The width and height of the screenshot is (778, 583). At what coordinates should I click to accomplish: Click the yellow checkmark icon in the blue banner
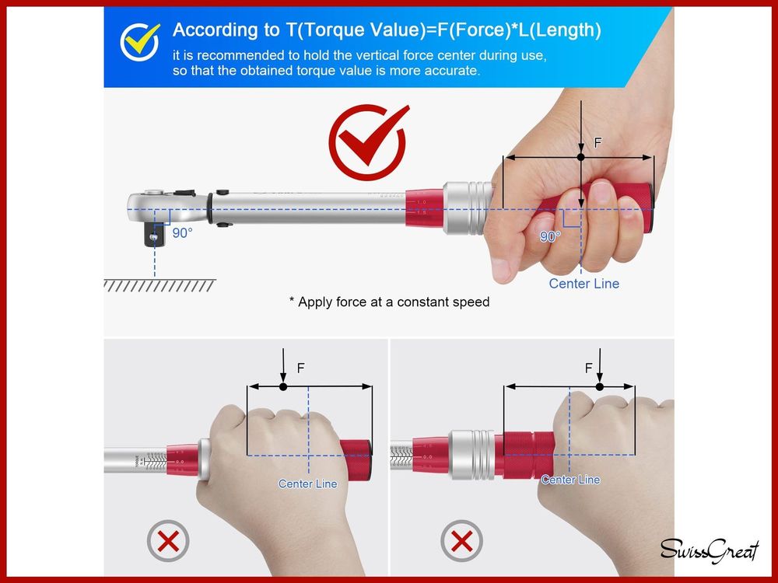point(139,42)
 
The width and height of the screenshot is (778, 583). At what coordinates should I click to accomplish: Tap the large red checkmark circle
point(368,141)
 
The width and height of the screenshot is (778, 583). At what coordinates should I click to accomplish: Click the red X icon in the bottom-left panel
point(168,541)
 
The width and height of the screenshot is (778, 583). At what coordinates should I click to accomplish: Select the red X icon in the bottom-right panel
point(461,541)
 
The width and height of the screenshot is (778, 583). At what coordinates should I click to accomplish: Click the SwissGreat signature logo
point(710,550)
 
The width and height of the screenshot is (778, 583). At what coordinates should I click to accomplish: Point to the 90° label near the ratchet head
point(182,232)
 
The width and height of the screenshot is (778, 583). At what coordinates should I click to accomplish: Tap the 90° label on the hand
point(550,236)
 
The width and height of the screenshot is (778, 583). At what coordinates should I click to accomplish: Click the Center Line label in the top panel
point(584,284)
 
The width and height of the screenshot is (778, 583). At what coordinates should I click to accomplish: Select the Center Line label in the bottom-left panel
point(307,484)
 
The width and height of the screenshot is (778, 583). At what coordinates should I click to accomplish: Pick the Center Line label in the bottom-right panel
point(570,480)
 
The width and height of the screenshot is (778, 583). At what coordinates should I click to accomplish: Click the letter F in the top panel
point(598,143)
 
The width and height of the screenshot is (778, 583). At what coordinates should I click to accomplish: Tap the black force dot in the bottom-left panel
point(283,386)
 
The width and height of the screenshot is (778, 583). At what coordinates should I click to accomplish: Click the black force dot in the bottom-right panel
point(599,386)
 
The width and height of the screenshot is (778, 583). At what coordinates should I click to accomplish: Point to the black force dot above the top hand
point(581,157)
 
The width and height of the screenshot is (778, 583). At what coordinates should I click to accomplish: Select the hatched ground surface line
point(159,285)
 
